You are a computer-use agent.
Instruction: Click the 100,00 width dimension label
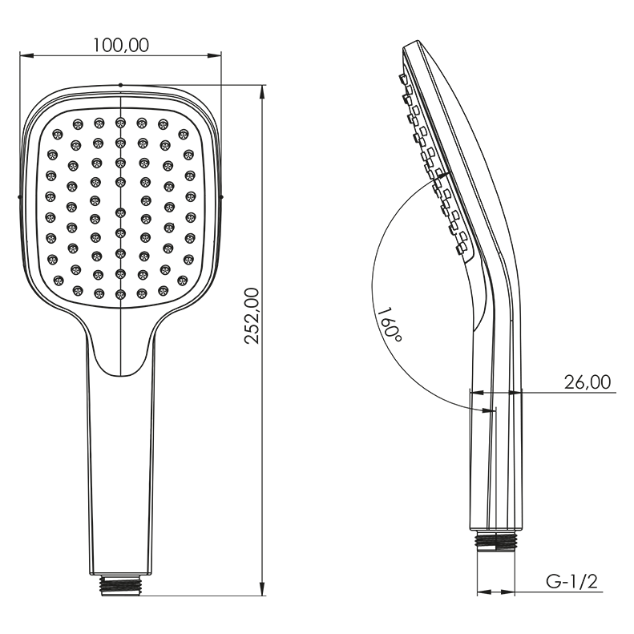tap(121, 45)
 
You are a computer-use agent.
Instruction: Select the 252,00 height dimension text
tap(252, 316)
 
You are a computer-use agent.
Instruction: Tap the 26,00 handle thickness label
tap(588, 382)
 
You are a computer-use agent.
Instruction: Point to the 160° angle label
tap(390, 324)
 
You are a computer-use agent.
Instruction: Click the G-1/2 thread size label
tap(571, 582)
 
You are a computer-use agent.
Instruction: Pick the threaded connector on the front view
tap(121, 586)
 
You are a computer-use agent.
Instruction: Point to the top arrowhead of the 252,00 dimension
tap(262, 92)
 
